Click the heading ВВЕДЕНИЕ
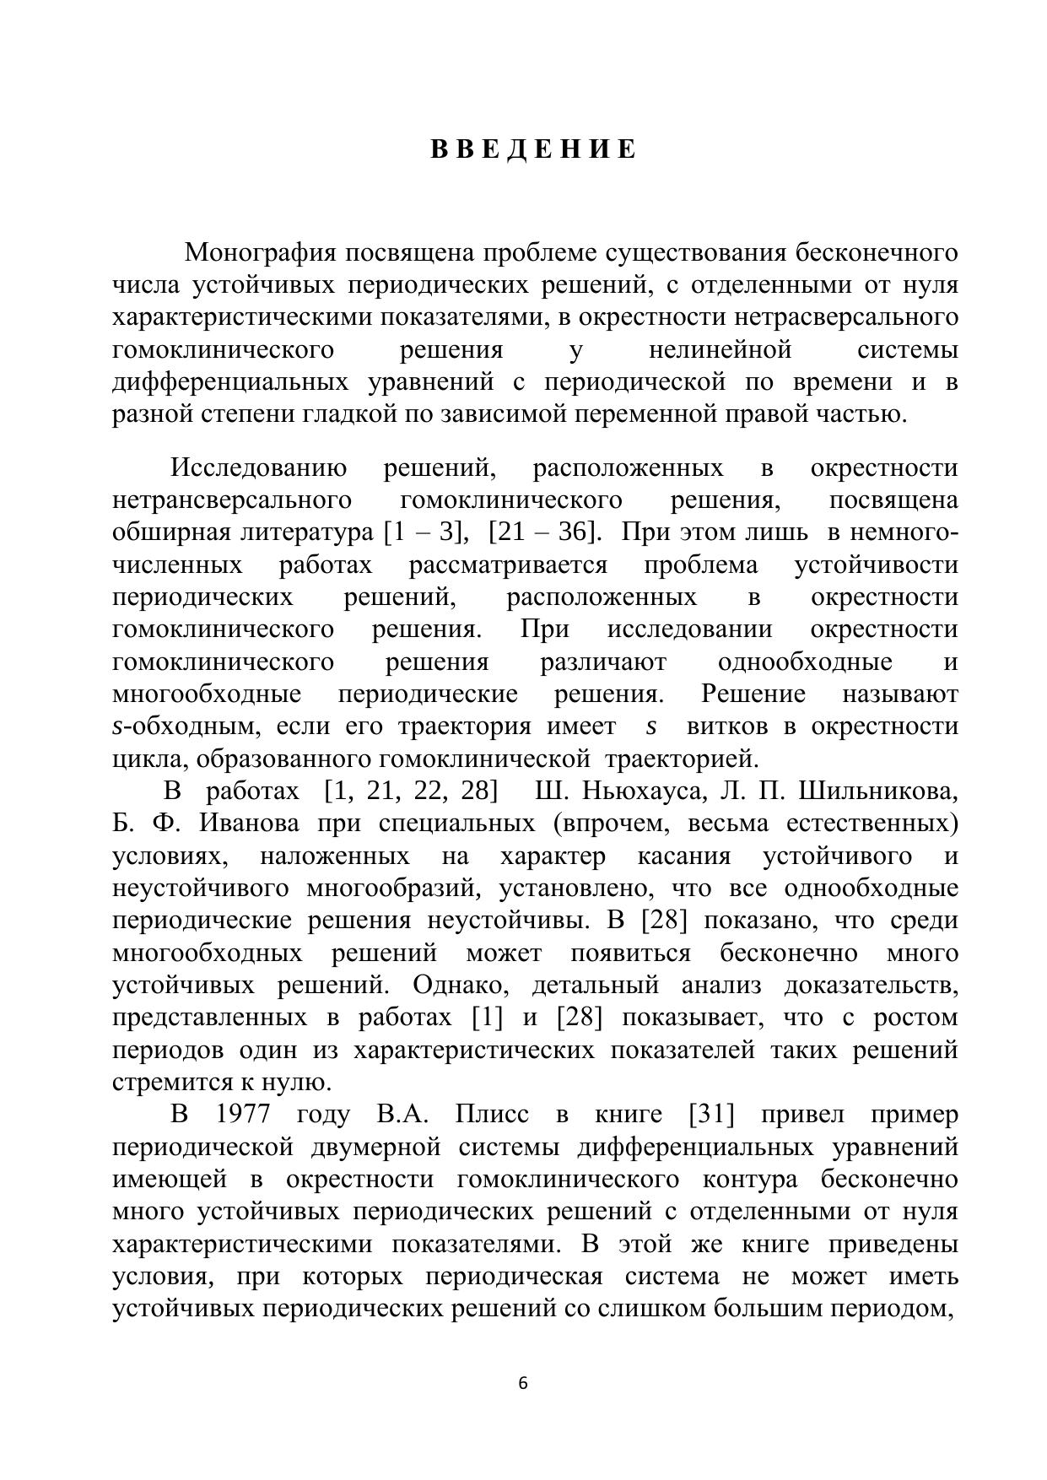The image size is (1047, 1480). point(533,149)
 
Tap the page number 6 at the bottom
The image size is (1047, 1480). point(523,1383)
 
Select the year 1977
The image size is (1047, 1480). point(243,1114)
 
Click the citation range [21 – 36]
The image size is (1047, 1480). point(545,532)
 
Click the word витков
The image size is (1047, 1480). point(727,726)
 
